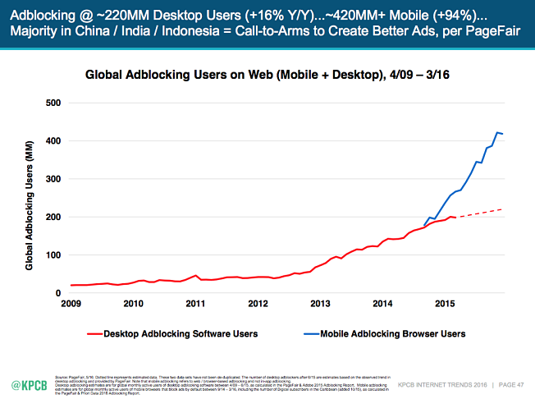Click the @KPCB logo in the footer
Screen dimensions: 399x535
tap(28, 383)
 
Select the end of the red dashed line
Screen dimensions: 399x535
tap(501, 210)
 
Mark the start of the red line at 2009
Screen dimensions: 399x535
tap(71, 285)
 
